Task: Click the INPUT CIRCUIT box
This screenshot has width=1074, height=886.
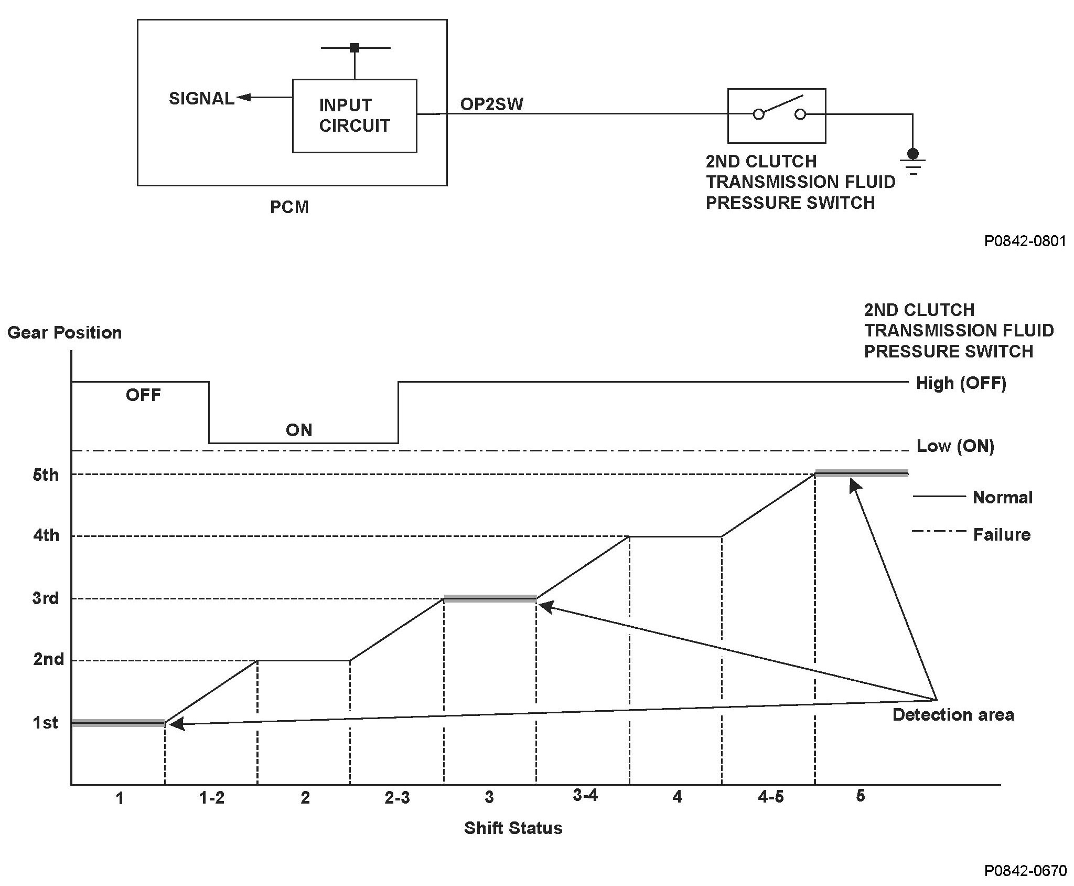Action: tap(355, 115)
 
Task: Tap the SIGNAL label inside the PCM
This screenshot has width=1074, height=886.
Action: tap(201, 99)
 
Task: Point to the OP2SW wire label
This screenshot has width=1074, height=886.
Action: tap(491, 104)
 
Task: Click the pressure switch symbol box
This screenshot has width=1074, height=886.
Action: tap(777, 115)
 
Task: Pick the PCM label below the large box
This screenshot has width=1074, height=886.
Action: tap(289, 207)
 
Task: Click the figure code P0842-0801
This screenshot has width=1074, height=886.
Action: tap(1025, 241)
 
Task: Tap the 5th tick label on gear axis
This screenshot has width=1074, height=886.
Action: tap(46, 475)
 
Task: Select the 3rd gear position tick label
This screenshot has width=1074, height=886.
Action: tap(46, 598)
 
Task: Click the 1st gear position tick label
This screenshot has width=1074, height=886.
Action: tap(46, 723)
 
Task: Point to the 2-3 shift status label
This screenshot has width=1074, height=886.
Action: tap(397, 798)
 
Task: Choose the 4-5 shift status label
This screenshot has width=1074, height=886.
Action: tap(770, 797)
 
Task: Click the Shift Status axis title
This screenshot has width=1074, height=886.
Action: tap(513, 828)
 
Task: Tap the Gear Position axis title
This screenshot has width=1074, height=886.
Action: tap(65, 332)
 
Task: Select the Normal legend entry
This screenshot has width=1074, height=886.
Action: tap(1002, 497)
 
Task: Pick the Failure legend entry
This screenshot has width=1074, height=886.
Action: tap(1002, 534)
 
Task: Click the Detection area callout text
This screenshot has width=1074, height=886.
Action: tap(953, 714)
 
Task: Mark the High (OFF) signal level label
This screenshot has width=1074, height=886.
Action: tap(961, 383)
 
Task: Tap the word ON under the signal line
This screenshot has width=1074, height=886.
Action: tap(299, 430)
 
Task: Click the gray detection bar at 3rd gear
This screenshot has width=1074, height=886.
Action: tap(490, 598)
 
